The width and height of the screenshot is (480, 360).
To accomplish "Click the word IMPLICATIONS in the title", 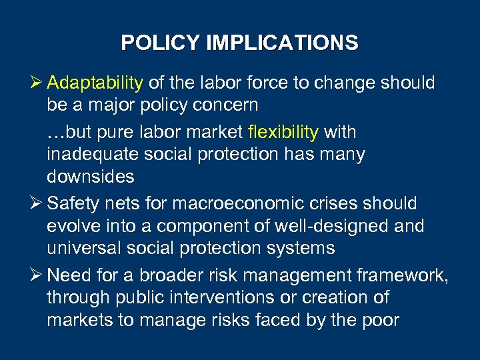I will pyautogui.click(x=282, y=43).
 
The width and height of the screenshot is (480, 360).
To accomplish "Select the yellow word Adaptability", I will pyautogui.click(x=95, y=83).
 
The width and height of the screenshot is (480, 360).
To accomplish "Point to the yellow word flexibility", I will pyautogui.click(x=283, y=132).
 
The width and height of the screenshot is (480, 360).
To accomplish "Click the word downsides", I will pyautogui.click(x=91, y=177).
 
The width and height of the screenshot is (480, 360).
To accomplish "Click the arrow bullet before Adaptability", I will pyautogui.click(x=37, y=83).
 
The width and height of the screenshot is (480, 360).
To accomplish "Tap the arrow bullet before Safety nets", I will pyautogui.click(x=37, y=203).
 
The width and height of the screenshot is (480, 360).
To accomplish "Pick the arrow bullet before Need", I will pyautogui.click(x=37, y=275).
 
